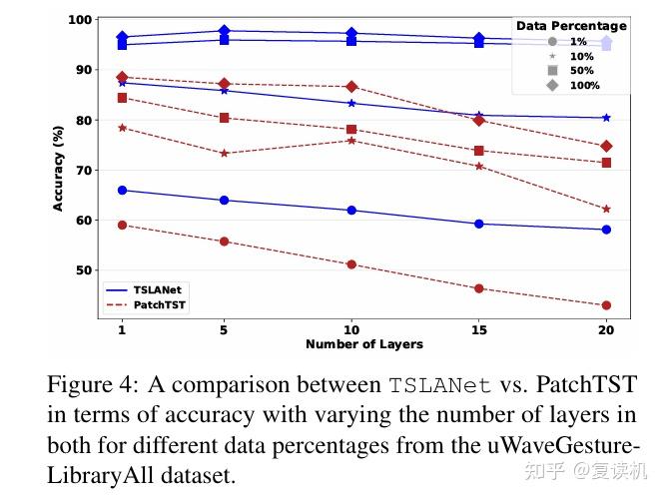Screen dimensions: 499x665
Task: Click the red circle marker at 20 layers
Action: pos(606,305)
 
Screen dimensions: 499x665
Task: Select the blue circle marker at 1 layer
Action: pos(122,190)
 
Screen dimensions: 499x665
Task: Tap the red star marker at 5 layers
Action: pos(224,153)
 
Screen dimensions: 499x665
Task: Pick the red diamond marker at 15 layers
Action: pos(479,120)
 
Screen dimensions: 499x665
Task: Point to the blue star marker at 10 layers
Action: pos(351,103)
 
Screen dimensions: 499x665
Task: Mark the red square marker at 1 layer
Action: pos(122,98)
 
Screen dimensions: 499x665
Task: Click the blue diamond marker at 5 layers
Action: pos(224,31)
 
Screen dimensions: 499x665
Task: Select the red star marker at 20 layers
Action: pos(606,209)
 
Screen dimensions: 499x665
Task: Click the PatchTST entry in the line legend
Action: pos(145,304)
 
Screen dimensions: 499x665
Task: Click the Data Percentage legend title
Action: pos(571,26)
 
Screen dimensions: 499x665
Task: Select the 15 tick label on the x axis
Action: pos(479,328)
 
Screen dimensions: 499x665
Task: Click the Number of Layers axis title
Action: pos(363,344)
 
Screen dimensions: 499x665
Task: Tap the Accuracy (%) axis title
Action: pos(59,167)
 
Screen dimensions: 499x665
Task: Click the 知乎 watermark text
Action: pos(547,469)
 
